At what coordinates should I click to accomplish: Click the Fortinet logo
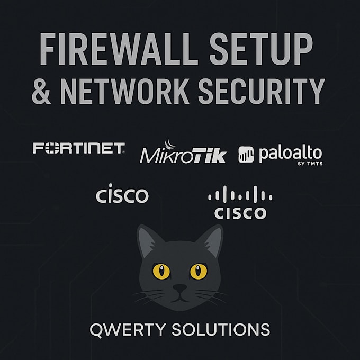click(79, 148)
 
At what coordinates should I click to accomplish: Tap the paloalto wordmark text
click(290, 154)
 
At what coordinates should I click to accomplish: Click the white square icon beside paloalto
click(246, 155)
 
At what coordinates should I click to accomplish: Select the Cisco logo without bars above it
click(122, 194)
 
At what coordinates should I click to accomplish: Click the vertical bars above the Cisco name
click(240, 195)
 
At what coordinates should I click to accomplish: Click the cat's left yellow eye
click(161, 271)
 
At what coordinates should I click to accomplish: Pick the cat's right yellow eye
click(199, 271)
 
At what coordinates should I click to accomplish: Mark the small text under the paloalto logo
click(307, 165)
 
